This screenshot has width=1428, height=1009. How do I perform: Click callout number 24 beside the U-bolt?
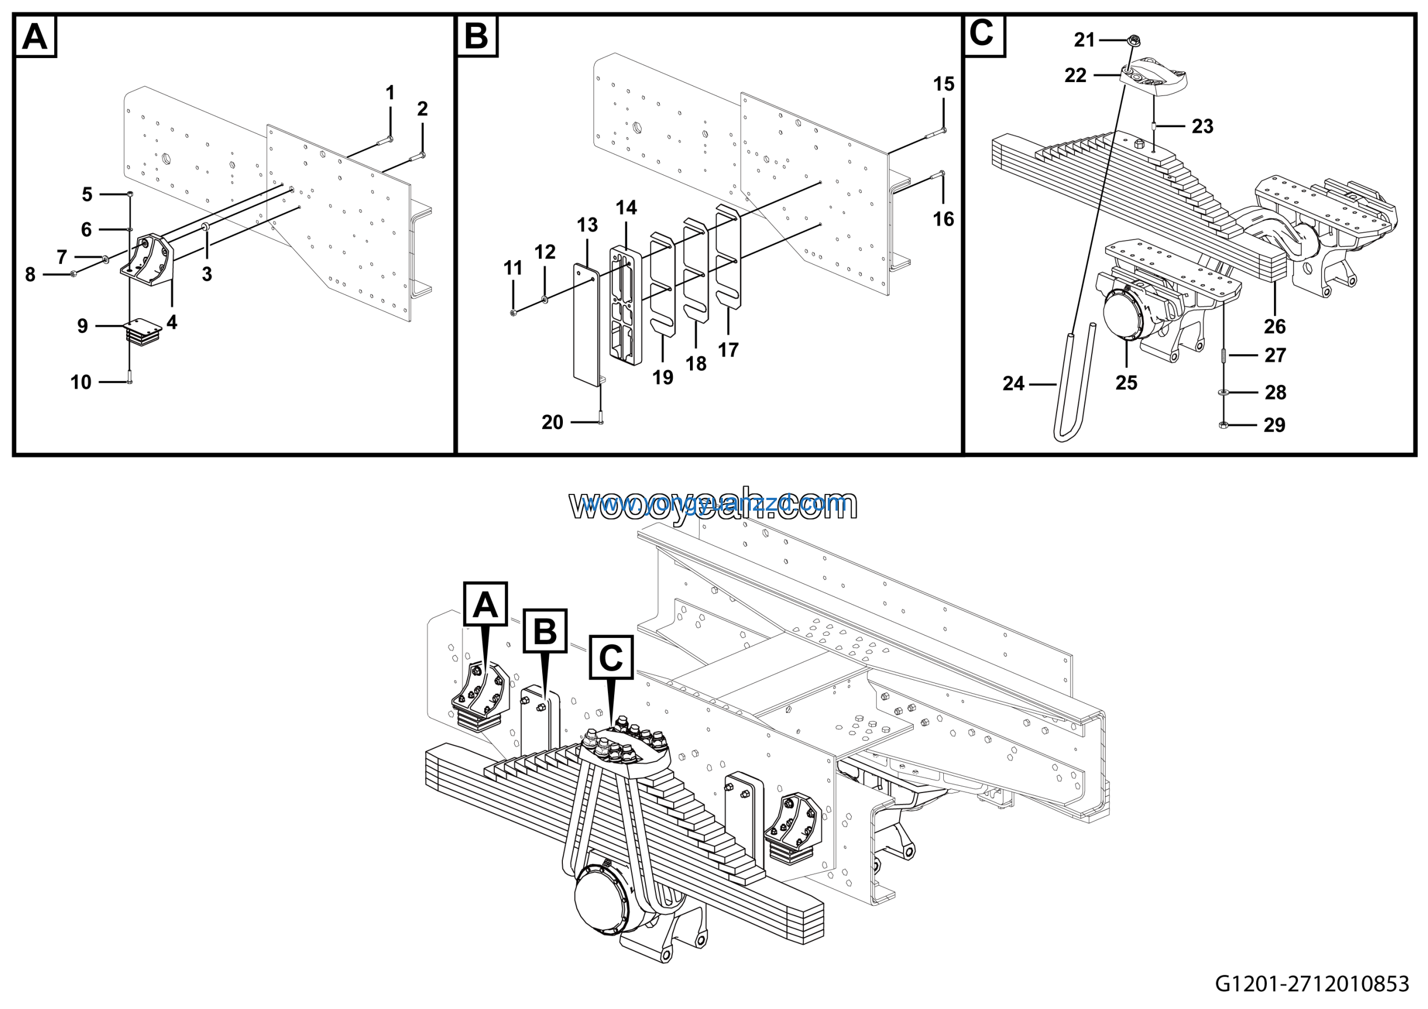[1013, 383]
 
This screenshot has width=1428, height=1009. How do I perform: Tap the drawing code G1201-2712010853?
[1311, 983]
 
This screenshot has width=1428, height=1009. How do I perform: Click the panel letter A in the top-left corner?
[35, 37]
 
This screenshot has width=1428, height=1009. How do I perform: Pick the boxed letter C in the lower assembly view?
[611, 657]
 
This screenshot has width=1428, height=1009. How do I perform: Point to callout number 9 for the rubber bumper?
[82, 326]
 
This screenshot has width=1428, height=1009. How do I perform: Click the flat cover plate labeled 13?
[585, 324]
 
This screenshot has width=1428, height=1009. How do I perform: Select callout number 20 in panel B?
[552, 422]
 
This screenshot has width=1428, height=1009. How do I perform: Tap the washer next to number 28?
[1223, 392]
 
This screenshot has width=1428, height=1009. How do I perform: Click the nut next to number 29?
[1223, 425]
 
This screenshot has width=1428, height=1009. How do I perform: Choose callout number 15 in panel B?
[943, 84]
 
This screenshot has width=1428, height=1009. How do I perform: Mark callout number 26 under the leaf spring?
[1275, 326]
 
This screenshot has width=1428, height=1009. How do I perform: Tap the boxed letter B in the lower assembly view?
[545, 631]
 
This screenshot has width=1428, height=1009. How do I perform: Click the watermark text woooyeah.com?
[713, 504]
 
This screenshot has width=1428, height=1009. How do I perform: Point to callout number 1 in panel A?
[390, 93]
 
